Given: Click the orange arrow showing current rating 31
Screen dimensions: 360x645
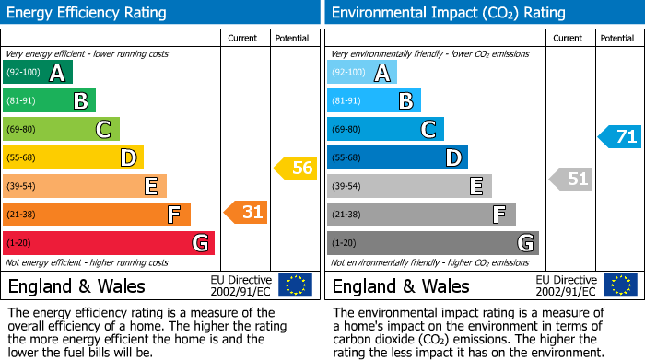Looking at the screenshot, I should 246,213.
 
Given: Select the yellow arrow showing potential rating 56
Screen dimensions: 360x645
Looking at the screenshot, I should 295,168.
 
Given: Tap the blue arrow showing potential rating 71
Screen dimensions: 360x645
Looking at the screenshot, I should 619,137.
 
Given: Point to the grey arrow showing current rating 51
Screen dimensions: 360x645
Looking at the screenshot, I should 570,179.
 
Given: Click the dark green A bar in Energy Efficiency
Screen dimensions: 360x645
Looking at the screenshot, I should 38,73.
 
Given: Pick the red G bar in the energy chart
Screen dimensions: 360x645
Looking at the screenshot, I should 109,243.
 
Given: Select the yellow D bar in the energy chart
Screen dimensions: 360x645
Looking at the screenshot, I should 73,158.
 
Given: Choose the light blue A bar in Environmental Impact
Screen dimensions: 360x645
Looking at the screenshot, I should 362,73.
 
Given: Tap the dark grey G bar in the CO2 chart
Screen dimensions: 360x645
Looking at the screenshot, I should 432,243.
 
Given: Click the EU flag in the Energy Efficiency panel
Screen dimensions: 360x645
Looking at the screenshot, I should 295,285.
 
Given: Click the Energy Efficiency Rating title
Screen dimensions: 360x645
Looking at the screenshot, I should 88,13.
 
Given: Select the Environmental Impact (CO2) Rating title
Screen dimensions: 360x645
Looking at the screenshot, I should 448,13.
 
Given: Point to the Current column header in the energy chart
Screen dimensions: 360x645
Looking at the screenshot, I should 244,38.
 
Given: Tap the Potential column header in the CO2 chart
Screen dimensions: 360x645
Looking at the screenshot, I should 617,38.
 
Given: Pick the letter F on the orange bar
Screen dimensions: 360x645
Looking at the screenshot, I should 172,215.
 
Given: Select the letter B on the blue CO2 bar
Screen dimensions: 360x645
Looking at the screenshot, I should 405,101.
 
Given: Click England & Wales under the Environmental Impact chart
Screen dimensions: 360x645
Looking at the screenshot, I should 401,285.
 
